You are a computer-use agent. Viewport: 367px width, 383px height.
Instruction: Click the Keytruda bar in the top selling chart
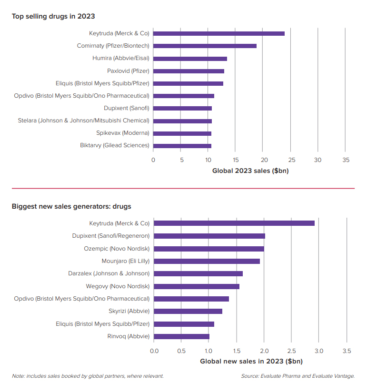coord(219,33)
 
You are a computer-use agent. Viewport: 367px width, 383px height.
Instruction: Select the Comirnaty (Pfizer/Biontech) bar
coord(205,46)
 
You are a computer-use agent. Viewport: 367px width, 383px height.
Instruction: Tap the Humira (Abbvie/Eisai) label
coord(120,58)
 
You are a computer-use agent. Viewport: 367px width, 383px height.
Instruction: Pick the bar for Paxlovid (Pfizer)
coord(188,71)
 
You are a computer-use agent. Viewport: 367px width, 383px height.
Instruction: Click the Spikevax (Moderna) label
coord(122,133)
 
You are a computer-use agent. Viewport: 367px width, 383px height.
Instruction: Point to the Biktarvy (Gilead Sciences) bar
coord(182,146)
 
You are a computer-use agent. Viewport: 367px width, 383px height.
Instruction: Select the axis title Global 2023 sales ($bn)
coord(250,171)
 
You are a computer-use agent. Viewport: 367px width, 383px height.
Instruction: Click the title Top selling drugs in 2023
coord(53,16)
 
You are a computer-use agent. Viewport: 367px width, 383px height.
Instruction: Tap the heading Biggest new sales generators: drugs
coord(71,207)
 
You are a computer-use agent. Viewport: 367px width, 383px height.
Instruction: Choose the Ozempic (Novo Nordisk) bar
coord(209,249)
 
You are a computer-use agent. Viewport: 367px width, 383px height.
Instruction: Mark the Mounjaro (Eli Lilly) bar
coord(207,261)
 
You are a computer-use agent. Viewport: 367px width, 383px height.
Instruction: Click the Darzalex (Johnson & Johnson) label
coord(109,273)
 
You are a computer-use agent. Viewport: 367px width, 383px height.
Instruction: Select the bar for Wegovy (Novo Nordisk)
coord(197,286)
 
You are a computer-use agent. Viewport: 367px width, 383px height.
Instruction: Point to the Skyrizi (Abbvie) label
coord(129,311)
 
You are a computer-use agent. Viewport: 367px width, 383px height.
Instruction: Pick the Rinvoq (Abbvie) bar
coord(181,336)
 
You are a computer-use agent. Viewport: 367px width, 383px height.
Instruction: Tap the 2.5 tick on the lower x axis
coord(291,351)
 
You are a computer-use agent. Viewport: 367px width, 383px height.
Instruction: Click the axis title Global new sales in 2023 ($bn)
coord(251,362)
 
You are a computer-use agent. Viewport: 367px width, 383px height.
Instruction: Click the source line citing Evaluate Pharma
coord(298,376)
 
